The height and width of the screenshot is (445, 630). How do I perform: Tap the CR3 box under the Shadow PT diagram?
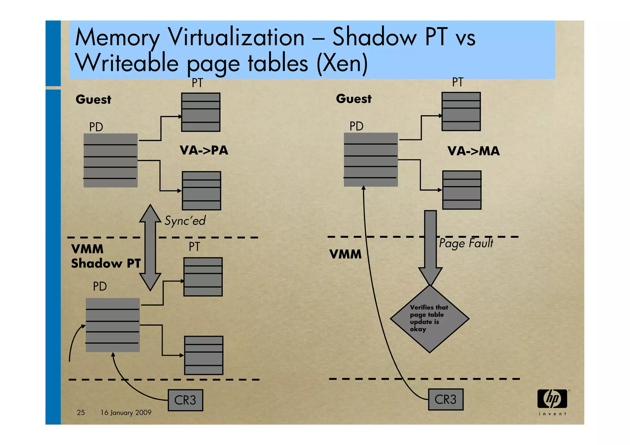185,400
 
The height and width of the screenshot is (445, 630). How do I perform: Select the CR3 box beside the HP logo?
445,399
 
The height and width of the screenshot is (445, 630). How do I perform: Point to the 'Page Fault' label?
466,243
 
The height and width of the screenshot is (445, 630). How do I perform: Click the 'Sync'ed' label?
185,221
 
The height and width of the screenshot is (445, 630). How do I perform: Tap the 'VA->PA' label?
204,150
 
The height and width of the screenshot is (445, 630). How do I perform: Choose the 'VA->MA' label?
473,151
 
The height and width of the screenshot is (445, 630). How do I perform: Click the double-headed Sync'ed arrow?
150,248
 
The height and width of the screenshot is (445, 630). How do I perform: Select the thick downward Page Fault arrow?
430,246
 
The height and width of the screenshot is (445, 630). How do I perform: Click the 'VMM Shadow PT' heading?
106,256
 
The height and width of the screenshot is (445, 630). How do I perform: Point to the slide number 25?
81,412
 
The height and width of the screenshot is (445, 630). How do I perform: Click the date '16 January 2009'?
126,412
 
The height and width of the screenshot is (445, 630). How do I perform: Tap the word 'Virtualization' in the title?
236,38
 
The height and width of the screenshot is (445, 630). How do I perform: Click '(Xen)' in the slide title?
342,63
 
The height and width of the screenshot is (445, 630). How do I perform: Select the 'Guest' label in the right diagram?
354,99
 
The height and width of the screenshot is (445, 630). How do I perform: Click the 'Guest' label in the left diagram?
93,99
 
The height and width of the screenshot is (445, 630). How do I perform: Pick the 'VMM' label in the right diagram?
345,254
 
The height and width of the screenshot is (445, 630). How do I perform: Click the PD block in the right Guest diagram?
371,160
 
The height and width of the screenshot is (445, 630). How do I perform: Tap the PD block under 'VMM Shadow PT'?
113,325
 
